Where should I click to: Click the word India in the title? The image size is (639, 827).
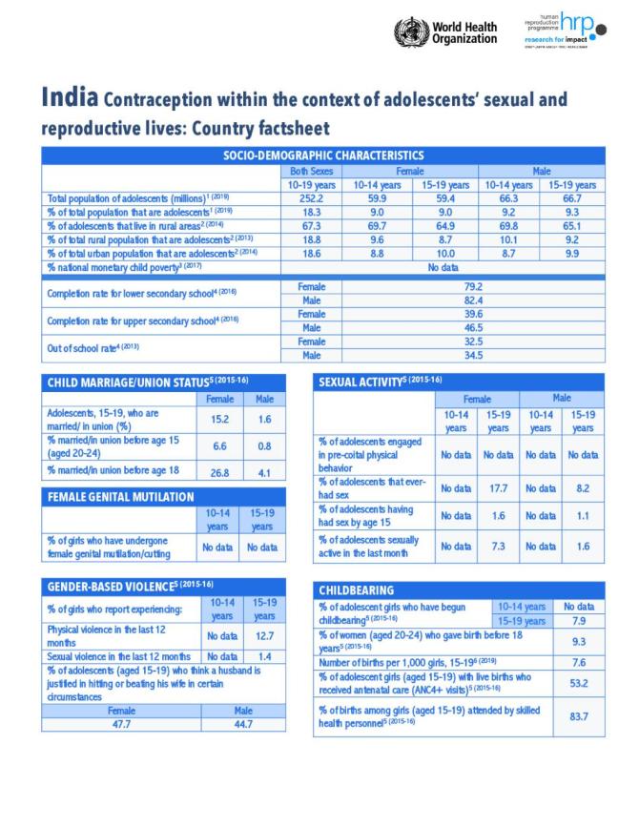pos(69,99)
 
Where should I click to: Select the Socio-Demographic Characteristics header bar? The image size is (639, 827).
pos(322,155)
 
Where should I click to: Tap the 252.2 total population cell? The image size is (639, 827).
pos(311,197)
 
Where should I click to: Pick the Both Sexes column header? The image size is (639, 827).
pos(311,170)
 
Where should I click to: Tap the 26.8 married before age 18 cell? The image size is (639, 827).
pos(218,471)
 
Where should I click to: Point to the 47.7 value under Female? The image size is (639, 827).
pos(121,725)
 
